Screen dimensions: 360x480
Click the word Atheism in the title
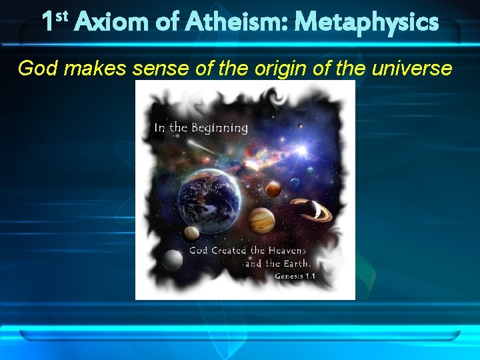click(x=217, y=22)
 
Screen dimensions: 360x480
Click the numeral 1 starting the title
click(x=49, y=22)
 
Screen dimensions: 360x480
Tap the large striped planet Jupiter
click(x=261, y=221)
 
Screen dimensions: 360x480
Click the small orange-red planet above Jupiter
click(x=273, y=189)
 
